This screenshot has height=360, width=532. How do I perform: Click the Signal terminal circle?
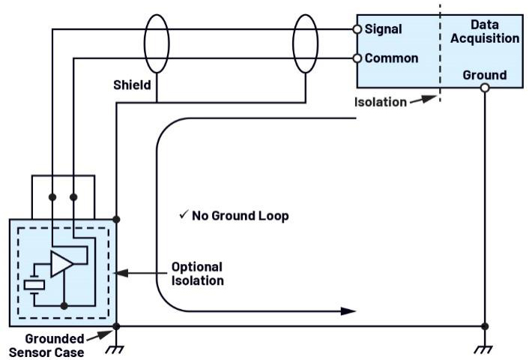pyautogui.click(x=357, y=29)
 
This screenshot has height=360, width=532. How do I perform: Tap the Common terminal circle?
pyautogui.click(x=357, y=58)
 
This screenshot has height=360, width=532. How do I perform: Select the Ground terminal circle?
pyautogui.click(x=485, y=88)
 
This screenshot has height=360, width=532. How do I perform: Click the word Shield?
pyautogui.click(x=132, y=85)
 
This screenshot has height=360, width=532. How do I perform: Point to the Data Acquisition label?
pyautogui.click(x=485, y=31)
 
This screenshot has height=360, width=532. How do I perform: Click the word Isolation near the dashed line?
pyautogui.click(x=381, y=102)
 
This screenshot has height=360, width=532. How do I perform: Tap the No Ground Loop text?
pyautogui.click(x=241, y=216)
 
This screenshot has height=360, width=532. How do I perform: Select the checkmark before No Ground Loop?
pyautogui.click(x=184, y=214)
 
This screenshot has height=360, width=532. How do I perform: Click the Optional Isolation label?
pyautogui.click(x=198, y=274)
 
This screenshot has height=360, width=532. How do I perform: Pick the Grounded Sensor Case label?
pyautogui.click(x=46, y=346)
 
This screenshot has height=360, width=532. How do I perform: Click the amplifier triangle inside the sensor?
pyautogui.click(x=61, y=264)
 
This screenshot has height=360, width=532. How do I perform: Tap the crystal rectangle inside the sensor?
pyautogui.click(x=34, y=285)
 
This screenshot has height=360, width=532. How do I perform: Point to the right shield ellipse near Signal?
pyautogui.click(x=293, y=43)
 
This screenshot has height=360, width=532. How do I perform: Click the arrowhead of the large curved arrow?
pyautogui.click(x=348, y=311)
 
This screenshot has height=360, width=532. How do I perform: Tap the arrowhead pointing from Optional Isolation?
pyautogui.click(x=121, y=273)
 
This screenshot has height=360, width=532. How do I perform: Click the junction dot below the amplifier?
pyautogui.click(x=64, y=306)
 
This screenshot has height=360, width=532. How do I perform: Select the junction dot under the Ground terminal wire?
pyautogui.click(x=485, y=327)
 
